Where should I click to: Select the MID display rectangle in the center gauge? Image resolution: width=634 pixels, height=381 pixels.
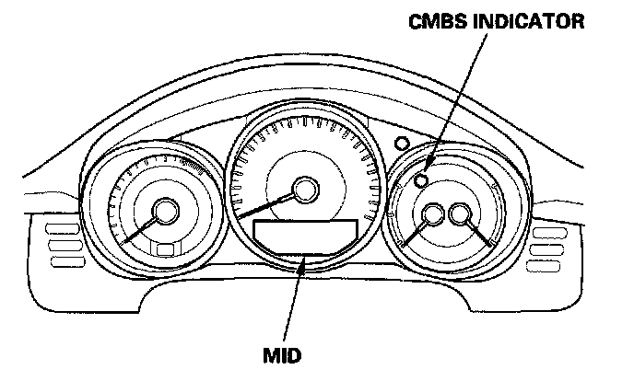point(305,237)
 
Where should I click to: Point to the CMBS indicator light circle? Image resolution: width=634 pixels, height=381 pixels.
point(422,180)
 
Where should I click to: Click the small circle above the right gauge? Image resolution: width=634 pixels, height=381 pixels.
point(400,144)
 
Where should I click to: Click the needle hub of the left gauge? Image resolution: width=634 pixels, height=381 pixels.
point(166,213)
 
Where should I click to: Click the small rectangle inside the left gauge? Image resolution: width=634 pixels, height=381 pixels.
point(165,249)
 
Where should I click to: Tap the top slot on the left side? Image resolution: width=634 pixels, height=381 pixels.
point(62,227)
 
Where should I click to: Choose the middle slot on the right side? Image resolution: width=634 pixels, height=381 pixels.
point(547,245)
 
